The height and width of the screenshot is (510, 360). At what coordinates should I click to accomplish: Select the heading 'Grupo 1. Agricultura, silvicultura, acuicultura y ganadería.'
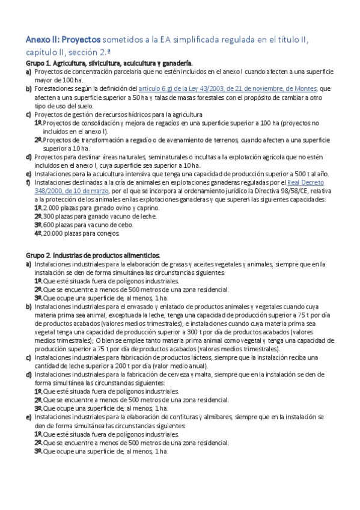109,63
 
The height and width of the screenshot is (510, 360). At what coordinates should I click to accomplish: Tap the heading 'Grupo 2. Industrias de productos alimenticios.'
93,255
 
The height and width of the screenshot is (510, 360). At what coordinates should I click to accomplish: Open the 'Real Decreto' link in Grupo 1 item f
306,182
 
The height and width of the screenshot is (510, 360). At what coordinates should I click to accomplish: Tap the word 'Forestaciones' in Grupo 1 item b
54,88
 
